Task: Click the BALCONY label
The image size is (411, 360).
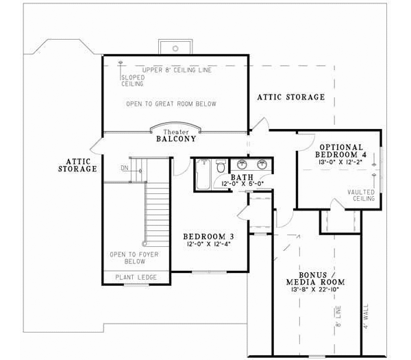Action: point(176,139)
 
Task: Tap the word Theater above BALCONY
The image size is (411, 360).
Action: point(176,130)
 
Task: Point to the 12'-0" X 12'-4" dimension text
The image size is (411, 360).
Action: point(206,244)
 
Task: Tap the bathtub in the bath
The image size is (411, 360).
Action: point(203,176)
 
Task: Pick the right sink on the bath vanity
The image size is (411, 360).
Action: point(261,164)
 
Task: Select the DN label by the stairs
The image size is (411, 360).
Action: point(124,167)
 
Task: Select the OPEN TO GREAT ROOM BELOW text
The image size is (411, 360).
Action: point(171,104)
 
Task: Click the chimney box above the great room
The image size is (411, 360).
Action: point(176,46)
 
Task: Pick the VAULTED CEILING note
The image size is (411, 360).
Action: point(361,195)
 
